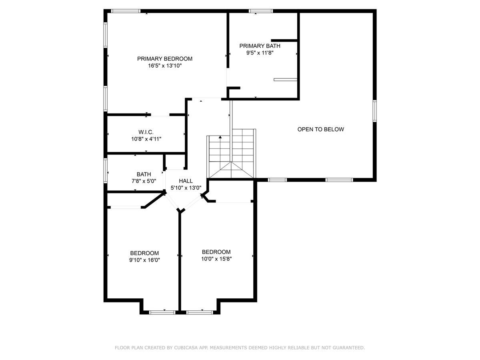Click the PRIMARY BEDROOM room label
tap(165, 59)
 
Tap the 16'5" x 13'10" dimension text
tap(165, 66)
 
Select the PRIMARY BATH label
tap(260, 46)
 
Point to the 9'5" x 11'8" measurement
tap(260, 53)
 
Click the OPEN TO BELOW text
tap(320, 129)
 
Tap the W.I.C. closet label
tap(146, 132)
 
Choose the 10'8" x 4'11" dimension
tap(146, 139)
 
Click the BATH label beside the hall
tap(144, 174)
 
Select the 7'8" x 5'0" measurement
tap(144, 181)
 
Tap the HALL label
tap(186, 181)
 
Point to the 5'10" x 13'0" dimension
tap(186, 188)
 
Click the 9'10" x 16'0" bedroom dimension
tap(144, 260)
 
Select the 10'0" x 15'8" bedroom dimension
tap(216, 259)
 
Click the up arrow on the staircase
tap(220, 137)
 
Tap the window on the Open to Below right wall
tap(374, 111)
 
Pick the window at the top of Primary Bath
tap(261, 11)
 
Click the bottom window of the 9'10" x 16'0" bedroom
tap(162, 312)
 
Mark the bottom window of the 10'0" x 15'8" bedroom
tap(200, 312)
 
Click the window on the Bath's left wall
tap(106, 171)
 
